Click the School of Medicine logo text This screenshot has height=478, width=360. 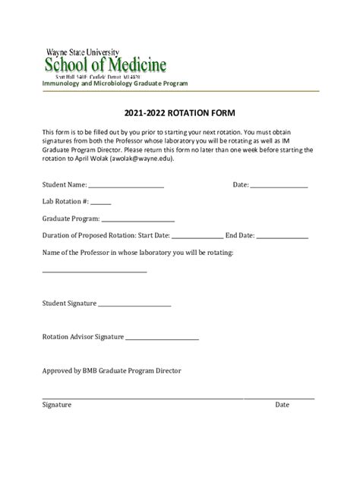point(106,63)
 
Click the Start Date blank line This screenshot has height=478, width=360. point(197,237)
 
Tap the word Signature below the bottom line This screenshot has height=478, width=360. point(57,405)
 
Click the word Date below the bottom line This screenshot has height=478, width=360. point(283,405)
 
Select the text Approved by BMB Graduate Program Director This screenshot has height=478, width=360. point(112,371)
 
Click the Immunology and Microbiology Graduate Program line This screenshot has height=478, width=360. point(115,83)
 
